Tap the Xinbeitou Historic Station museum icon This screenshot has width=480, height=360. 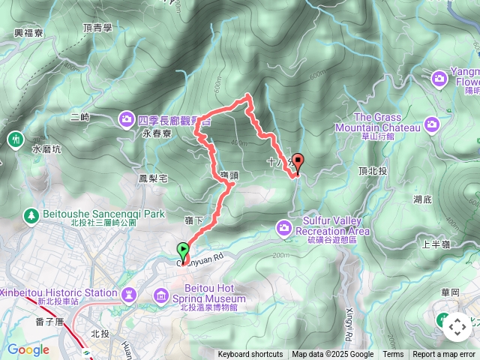pyautogui.click(x=129, y=292)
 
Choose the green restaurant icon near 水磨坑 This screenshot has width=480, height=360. pyautogui.click(x=15, y=139)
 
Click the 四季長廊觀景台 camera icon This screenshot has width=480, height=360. pyautogui.click(x=126, y=118)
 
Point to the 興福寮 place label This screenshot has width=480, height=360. pyautogui.click(x=28, y=34)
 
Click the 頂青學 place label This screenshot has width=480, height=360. pyautogui.click(x=99, y=28)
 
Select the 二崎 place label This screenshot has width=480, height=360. pyautogui.click(x=79, y=117)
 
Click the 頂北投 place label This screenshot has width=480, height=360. pyautogui.click(x=372, y=171)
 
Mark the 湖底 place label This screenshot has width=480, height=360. pyautogui.click(x=422, y=199)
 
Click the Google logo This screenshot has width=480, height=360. pyautogui.click(x=28, y=349)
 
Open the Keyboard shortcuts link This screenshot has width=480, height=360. pyautogui.click(x=250, y=355)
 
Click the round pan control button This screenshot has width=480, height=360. pyautogui.click(x=457, y=328)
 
